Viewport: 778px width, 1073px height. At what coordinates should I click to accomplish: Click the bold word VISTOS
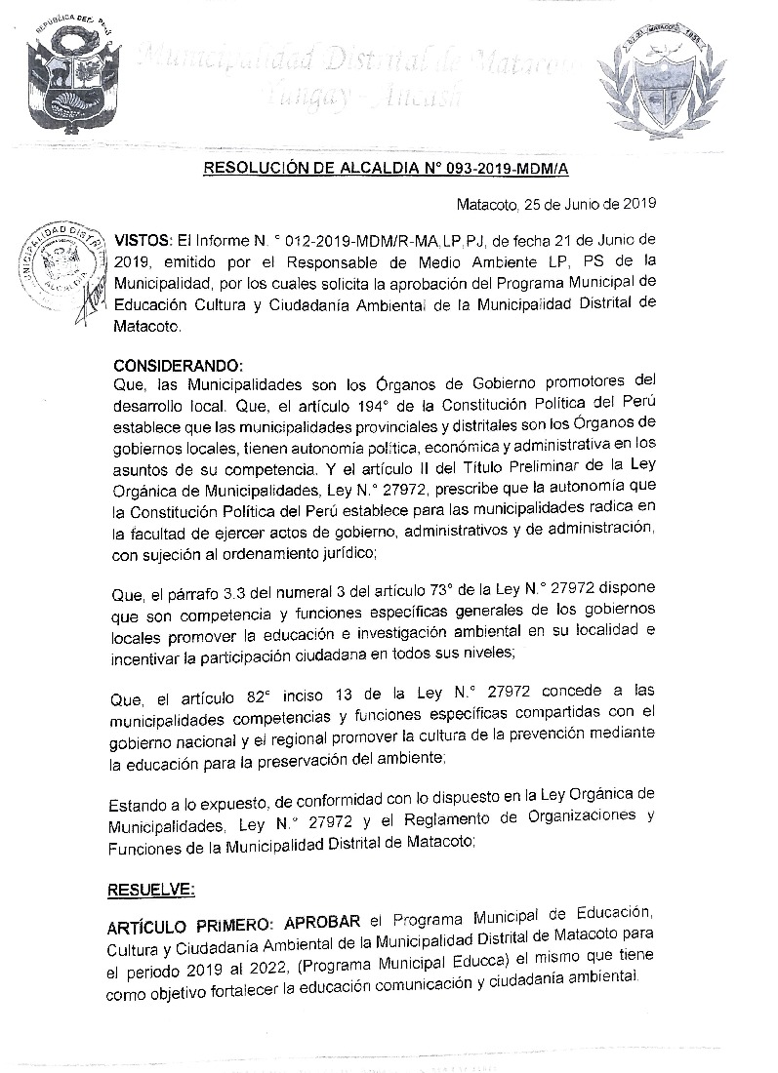(143, 239)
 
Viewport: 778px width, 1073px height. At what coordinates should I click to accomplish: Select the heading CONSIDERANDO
(177, 366)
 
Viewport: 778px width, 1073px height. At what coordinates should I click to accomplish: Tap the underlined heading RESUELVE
(154, 889)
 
